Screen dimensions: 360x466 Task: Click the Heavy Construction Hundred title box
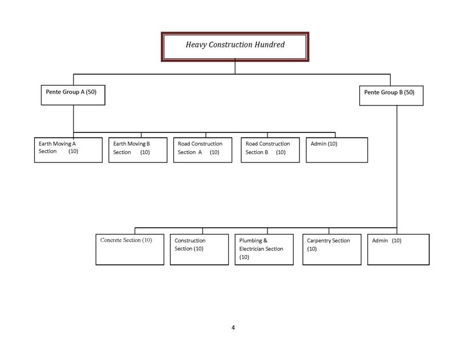click(235, 46)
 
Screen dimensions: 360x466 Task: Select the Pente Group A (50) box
click(73, 95)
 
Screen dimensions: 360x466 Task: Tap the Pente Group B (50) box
click(391, 95)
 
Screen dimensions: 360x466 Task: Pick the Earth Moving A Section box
click(68, 149)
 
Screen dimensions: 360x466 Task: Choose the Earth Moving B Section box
click(138, 149)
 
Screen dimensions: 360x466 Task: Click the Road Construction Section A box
click(202, 149)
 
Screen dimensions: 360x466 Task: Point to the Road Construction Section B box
click(270, 149)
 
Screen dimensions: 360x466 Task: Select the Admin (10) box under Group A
click(337, 149)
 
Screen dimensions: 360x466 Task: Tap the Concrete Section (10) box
click(129, 249)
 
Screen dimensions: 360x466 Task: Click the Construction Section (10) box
click(199, 249)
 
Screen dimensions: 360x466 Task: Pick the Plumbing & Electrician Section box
click(264, 249)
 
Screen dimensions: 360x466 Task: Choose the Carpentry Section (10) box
click(331, 249)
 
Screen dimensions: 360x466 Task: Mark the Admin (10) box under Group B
click(398, 249)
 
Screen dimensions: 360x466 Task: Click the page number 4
click(233, 327)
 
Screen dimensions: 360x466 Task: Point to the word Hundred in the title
click(269, 45)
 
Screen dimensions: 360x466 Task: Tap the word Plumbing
click(250, 241)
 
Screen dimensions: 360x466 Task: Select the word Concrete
click(111, 240)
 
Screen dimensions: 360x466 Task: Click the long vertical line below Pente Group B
click(397, 165)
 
